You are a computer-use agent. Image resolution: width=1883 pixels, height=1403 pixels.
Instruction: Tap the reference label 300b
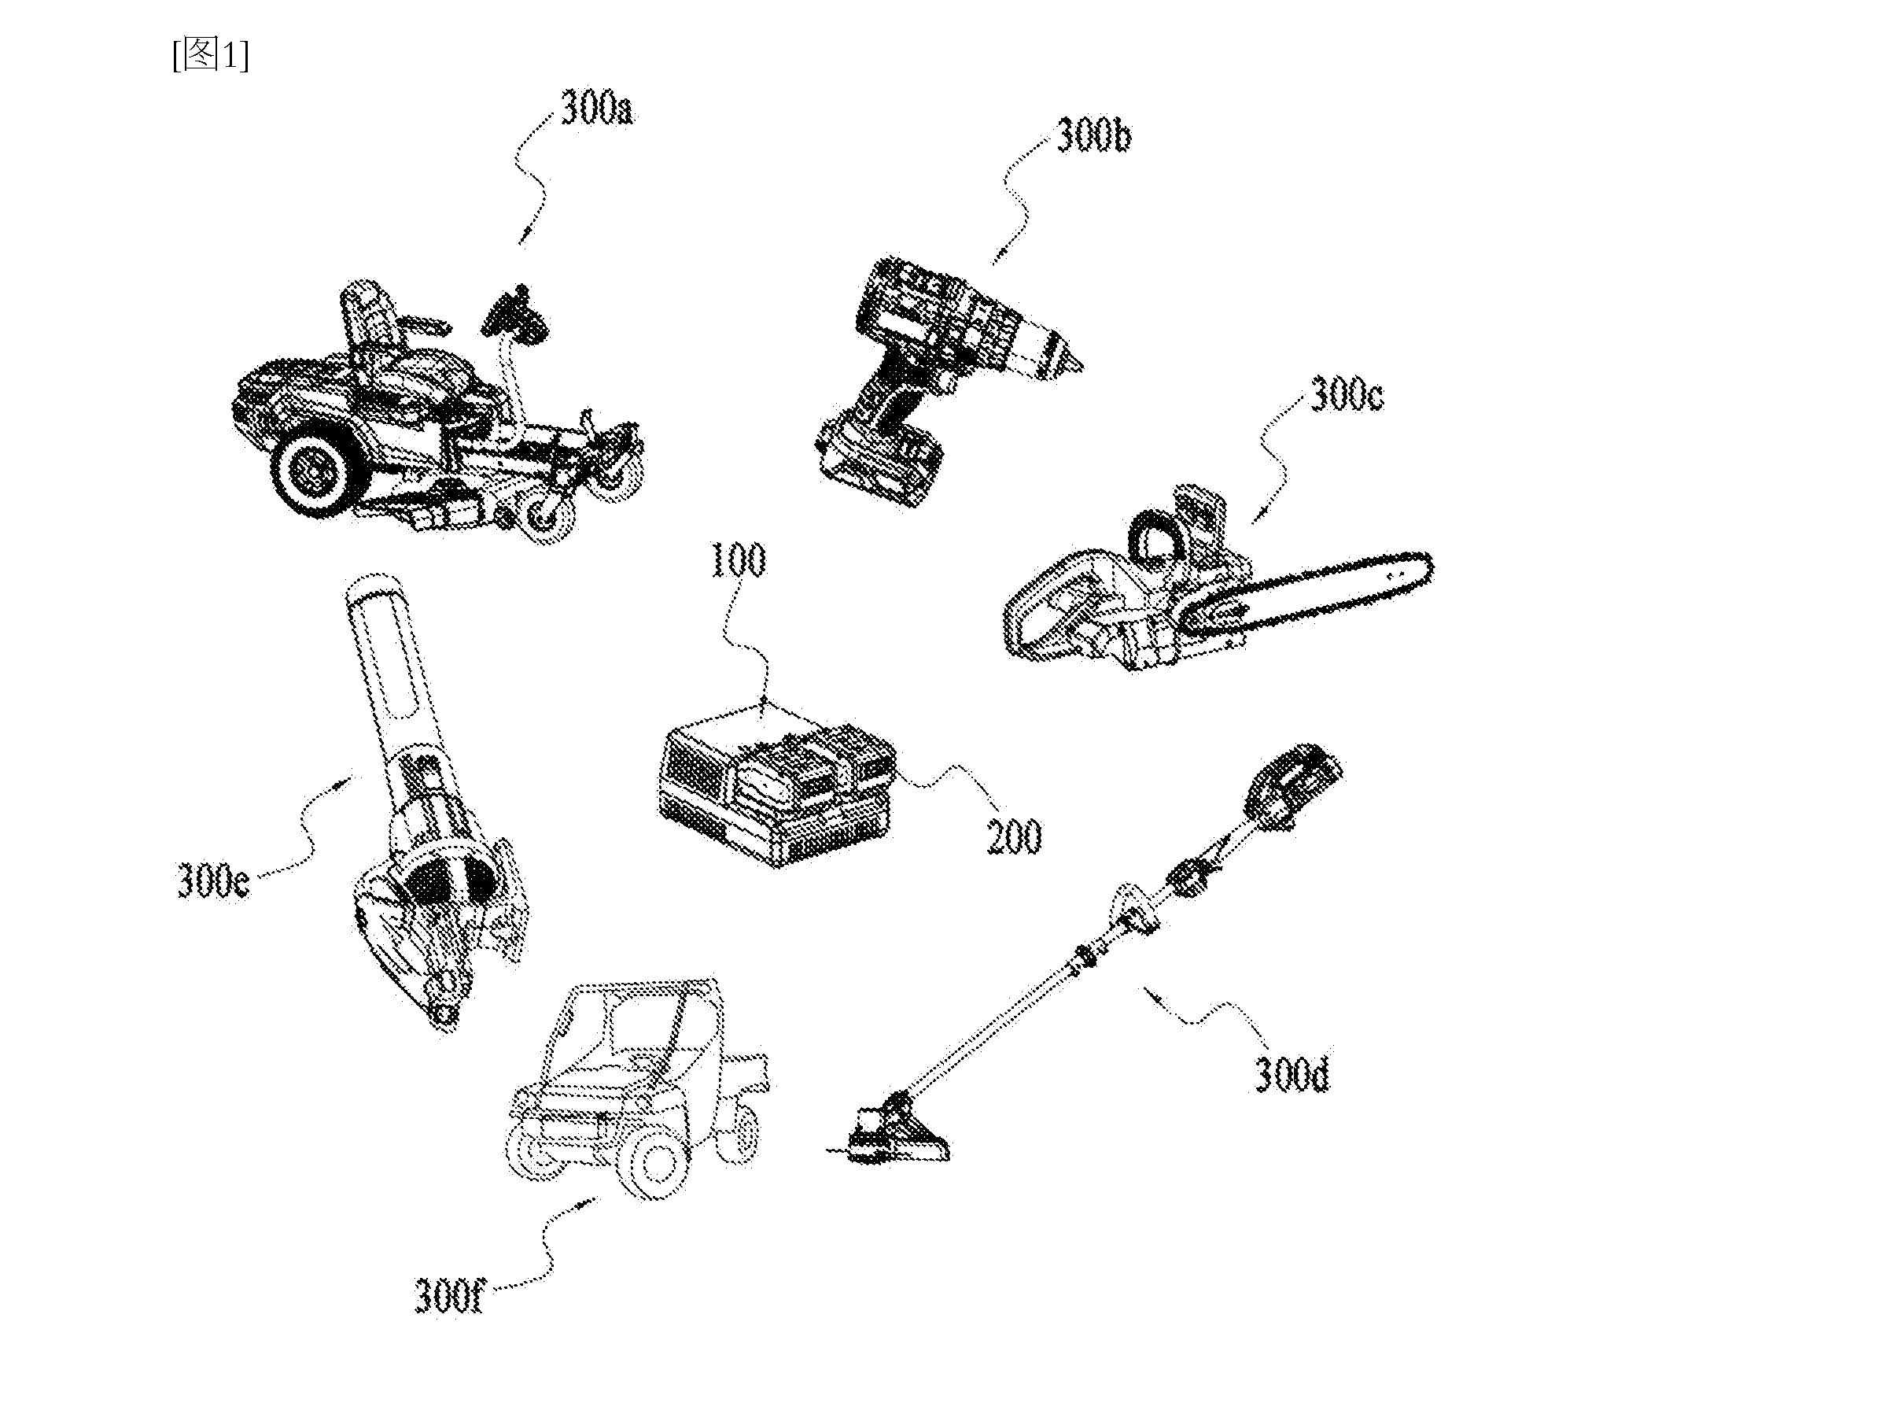pyautogui.click(x=1093, y=137)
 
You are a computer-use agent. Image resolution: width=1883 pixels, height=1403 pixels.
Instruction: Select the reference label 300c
pyautogui.click(x=1347, y=396)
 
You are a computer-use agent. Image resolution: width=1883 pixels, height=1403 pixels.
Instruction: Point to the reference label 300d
pyautogui.click(x=1292, y=1075)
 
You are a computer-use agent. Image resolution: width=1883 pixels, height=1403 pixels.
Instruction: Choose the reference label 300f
pyautogui.click(x=448, y=1296)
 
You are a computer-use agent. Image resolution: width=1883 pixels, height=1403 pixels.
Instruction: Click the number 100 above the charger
pyautogui.click(x=738, y=560)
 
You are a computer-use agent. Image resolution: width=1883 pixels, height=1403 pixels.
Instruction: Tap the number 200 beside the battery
pyautogui.click(x=1013, y=837)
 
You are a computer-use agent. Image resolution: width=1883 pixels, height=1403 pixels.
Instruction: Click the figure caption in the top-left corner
pyautogui.click(x=211, y=55)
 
